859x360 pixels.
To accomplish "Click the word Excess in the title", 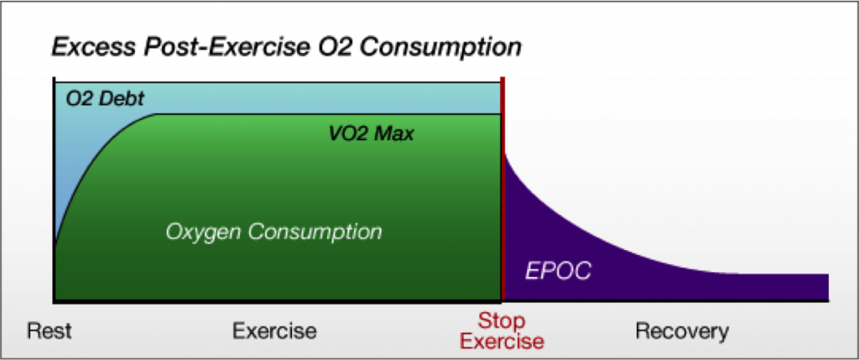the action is (x=94, y=47).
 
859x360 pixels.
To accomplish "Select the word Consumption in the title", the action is (x=442, y=48).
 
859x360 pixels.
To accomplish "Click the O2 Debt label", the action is (x=105, y=99).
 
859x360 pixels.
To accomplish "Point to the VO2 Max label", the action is (x=371, y=133).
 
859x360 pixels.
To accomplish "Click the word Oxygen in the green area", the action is (x=203, y=232).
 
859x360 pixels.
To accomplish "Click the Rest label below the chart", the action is (x=49, y=331).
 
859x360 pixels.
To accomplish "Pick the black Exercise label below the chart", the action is (x=274, y=331).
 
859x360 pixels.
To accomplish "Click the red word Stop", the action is (x=502, y=320).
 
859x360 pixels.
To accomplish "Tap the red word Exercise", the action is (x=502, y=341).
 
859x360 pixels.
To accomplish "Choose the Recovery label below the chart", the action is (x=682, y=331).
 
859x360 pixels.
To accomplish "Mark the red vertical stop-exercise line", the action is (x=502, y=189).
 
